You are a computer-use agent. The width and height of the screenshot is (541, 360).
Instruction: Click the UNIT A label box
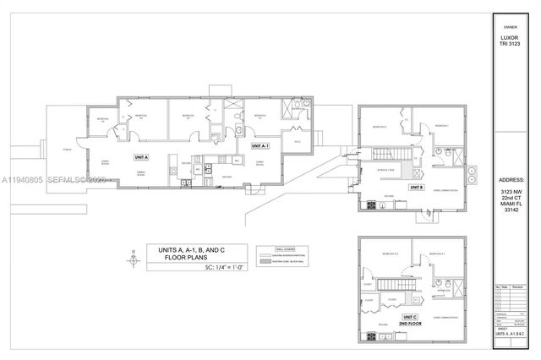pyautogui.click(x=139, y=157)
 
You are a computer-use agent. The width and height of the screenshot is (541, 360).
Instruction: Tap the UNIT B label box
pyautogui.click(x=416, y=187)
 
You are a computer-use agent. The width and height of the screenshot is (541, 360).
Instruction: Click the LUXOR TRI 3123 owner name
pyautogui.click(x=510, y=45)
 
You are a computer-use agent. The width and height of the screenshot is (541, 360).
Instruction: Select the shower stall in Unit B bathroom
pyautogui.click(x=453, y=151)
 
